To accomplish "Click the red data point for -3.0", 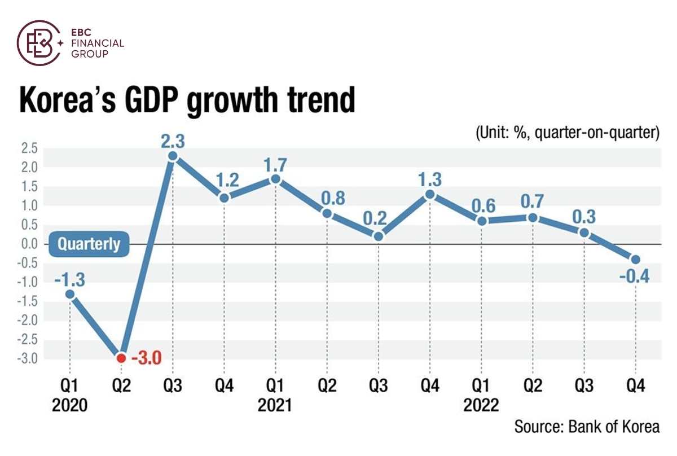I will (x=121, y=358).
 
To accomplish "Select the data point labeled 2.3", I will (x=173, y=156).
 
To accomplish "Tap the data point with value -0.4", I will (x=636, y=260).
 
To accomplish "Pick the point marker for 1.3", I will (x=430, y=194).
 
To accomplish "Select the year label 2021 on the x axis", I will (x=275, y=406).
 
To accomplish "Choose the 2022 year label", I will (x=481, y=406).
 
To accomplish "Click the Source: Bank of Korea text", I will (x=587, y=426).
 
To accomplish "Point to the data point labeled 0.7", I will (x=533, y=218).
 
